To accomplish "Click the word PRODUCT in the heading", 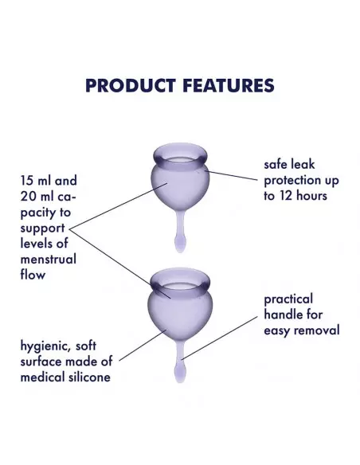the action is pos(131,85).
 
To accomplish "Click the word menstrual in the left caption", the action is pos(49,260).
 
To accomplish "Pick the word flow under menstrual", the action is pos(33,275).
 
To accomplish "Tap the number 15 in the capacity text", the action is pos(26,181).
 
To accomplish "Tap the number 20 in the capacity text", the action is pos(29,197).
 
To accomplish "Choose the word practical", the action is pos(288,299).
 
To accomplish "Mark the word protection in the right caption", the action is pos(292,181).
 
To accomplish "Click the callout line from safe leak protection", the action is pos(231,175).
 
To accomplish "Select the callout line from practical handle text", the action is pos(220,338).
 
